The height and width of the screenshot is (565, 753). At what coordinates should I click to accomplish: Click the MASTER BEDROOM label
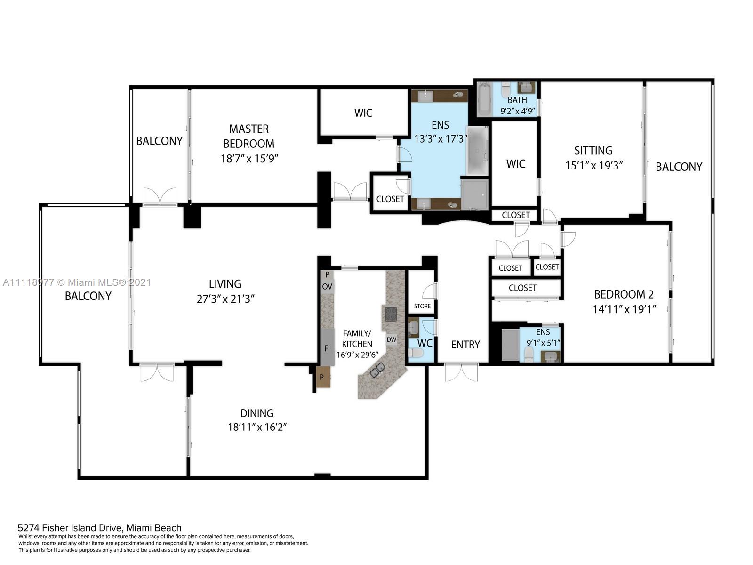point(248,136)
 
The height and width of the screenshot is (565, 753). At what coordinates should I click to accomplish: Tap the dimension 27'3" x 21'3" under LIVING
point(225,299)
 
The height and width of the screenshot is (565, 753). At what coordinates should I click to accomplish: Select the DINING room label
point(256,413)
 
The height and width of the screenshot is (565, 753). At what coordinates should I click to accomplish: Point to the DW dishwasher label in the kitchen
point(392,339)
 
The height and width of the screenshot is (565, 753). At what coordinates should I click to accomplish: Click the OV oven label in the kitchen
point(327,286)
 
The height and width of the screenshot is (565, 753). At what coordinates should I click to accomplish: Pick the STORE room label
point(422,306)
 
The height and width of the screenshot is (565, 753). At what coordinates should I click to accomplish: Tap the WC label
point(425,343)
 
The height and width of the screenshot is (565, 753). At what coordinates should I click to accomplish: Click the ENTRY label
point(465,345)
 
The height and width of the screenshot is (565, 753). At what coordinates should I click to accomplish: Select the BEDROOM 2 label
point(624,294)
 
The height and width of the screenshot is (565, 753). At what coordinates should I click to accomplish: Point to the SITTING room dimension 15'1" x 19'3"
point(594,166)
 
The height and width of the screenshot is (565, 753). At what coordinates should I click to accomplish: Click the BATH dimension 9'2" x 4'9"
point(517,111)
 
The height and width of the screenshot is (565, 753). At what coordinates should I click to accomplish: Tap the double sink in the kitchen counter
point(377,371)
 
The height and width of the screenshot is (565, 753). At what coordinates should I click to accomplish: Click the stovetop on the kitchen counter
point(391,314)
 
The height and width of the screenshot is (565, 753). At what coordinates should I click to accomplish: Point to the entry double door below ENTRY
point(461,372)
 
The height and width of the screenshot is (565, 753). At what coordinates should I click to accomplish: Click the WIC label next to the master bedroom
point(363,113)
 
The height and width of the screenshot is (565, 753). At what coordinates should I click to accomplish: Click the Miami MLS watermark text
point(77,282)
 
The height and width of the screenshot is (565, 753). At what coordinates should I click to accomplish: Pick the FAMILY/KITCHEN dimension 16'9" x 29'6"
point(357,355)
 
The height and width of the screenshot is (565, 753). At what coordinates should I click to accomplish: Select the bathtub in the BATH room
point(484,99)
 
